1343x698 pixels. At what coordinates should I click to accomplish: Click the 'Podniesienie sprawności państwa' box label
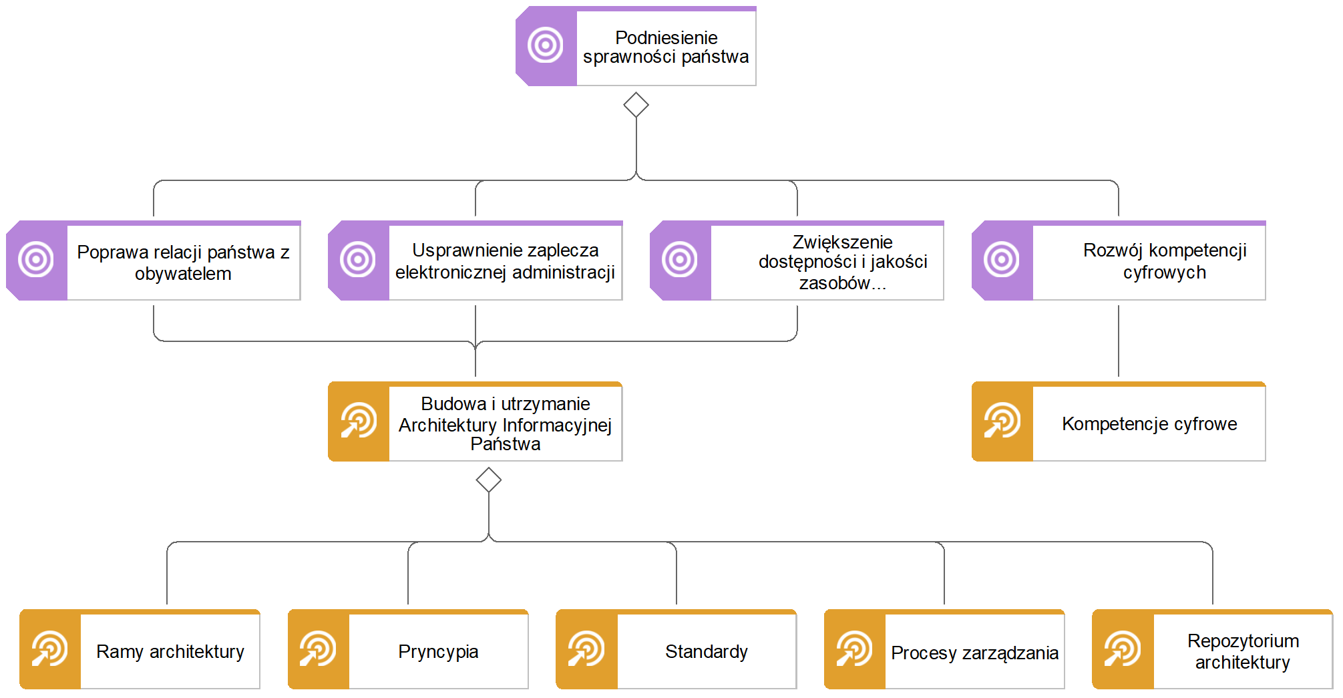pyautogui.click(x=666, y=47)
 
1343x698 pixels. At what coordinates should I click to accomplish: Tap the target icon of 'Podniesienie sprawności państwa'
pyautogui.click(x=546, y=45)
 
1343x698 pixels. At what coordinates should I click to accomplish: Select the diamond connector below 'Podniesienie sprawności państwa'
pyautogui.click(x=636, y=105)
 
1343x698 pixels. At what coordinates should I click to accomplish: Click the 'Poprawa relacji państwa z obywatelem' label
pyautogui.click(x=183, y=263)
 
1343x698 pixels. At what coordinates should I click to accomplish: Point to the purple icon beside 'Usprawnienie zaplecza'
pyautogui.click(x=358, y=259)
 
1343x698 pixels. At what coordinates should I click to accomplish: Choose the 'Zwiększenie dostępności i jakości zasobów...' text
pyautogui.click(x=842, y=262)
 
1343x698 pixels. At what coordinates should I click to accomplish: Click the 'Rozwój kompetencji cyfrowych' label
pyautogui.click(x=1164, y=261)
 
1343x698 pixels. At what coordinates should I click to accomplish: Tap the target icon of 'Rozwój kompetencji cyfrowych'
pyautogui.click(x=1002, y=259)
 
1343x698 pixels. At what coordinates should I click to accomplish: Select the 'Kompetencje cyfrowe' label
pyautogui.click(x=1149, y=423)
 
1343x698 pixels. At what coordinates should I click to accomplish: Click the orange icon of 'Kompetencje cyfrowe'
pyautogui.click(x=1002, y=421)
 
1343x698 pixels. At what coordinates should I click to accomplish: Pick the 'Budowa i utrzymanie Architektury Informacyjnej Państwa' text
pyautogui.click(x=505, y=423)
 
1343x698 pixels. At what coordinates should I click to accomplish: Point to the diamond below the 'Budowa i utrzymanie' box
pyautogui.click(x=489, y=480)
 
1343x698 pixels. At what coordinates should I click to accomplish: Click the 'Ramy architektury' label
pyautogui.click(x=170, y=651)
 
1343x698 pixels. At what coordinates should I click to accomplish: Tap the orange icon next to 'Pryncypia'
pyautogui.click(x=318, y=649)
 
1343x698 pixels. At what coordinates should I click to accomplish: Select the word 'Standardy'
pyautogui.click(x=706, y=651)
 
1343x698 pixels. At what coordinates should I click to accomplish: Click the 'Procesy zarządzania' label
pyautogui.click(x=974, y=653)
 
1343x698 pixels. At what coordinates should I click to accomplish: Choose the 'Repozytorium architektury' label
pyautogui.click(x=1243, y=651)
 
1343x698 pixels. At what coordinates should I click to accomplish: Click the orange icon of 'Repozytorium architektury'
pyautogui.click(x=1123, y=649)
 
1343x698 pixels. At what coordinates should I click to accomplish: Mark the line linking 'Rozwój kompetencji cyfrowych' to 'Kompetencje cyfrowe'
pyautogui.click(x=1119, y=341)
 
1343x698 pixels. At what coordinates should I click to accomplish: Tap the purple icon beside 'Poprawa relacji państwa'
pyautogui.click(x=36, y=259)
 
